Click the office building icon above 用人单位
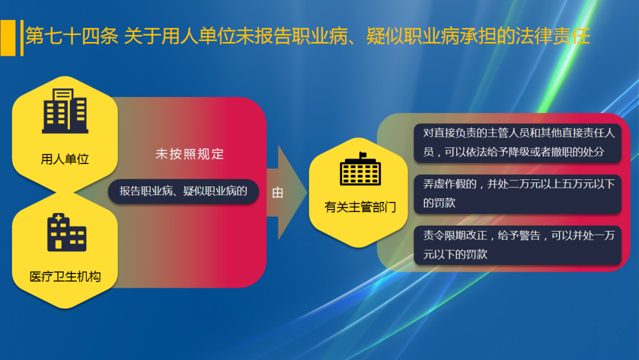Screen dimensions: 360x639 click(65, 111)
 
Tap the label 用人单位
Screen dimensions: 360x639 click(65, 159)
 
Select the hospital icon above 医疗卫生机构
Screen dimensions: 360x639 click(66, 233)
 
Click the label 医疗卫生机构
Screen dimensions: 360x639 click(65, 277)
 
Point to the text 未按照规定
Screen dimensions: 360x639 click(189, 155)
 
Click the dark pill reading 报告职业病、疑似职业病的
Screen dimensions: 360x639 click(183, 191)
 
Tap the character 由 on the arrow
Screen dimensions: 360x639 click(277, 193)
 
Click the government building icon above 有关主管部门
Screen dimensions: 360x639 click(360, 169)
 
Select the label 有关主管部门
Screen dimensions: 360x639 click(360, 207)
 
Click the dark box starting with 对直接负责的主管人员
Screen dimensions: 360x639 click(517, 142)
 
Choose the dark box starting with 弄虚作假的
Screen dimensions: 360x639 click(517, 194)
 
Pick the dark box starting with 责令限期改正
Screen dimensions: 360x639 click(517, 245)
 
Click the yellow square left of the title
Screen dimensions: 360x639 click(8, 37)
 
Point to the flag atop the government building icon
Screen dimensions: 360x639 click(362, 155)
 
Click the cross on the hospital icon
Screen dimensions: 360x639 click(57, 219)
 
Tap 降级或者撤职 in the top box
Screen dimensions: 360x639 click(524, 152)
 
